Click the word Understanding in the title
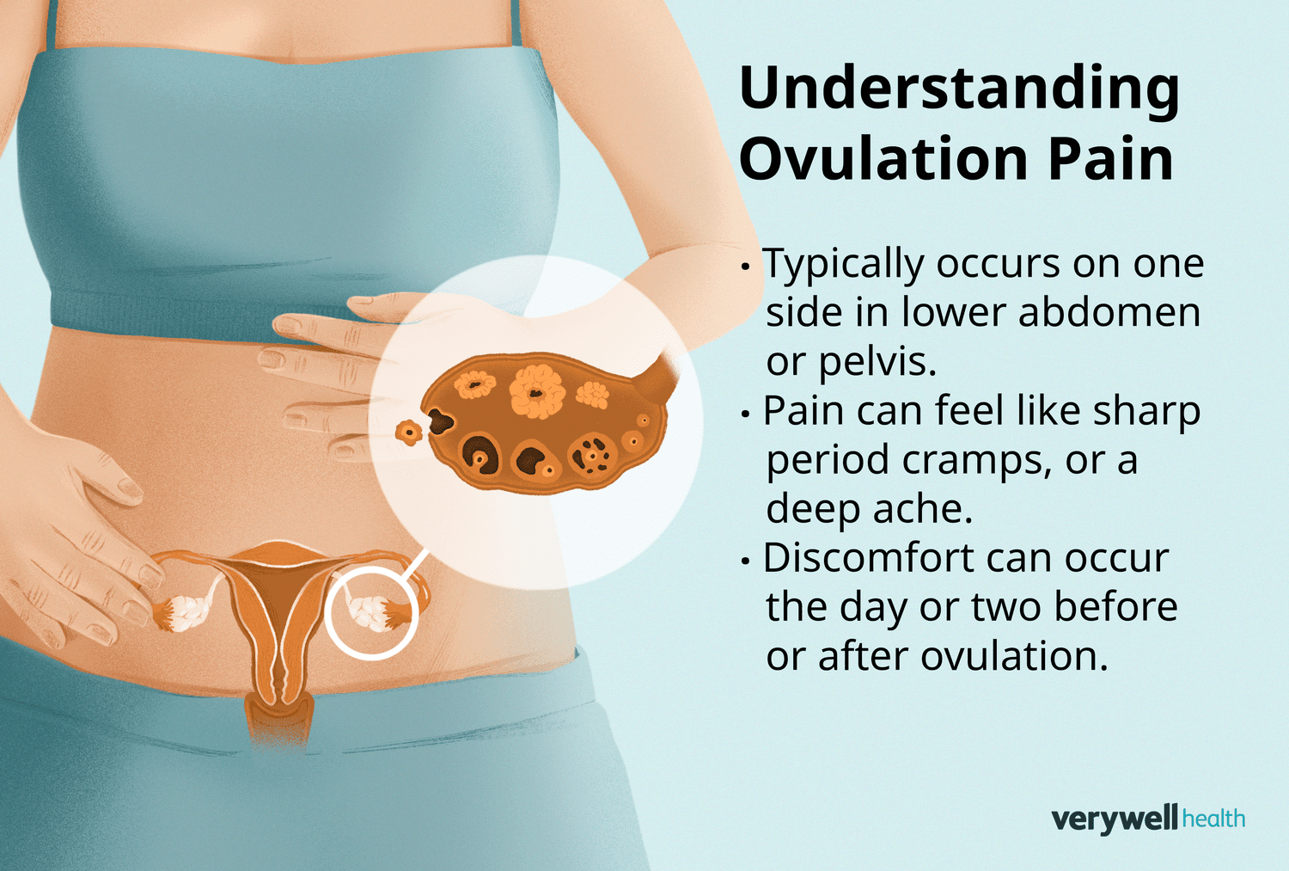click(x=959, y=89)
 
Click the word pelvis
click(x=876, y=361)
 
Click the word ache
click(x=936, y=509)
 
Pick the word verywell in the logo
click(x=1115, y=819)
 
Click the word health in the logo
click(x=1213, y=819)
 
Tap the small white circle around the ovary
click(x=371, y=613)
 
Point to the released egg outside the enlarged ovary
click(x=409, y=432)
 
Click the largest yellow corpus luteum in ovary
click(x=537, y=391)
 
